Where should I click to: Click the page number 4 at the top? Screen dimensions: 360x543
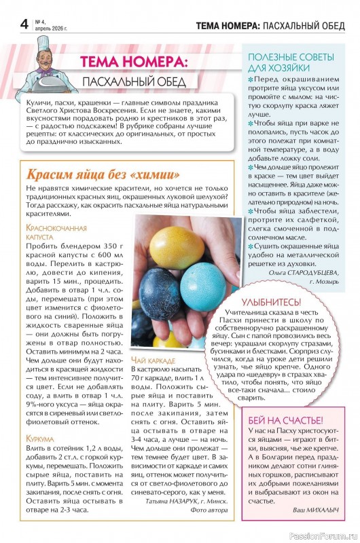[24, 24]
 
